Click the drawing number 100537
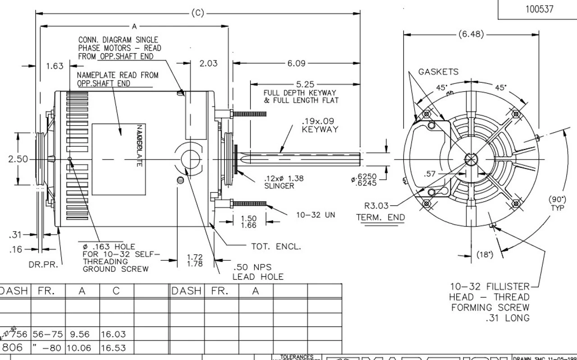539,9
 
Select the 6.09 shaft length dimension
296,63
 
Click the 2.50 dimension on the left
18,159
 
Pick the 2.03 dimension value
208,63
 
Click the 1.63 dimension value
55,66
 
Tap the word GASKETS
438,72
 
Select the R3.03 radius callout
376,206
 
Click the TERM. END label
380,217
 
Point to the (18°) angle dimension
485,255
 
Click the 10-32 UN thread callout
316,215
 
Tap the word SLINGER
279,186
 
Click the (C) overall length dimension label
197,13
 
